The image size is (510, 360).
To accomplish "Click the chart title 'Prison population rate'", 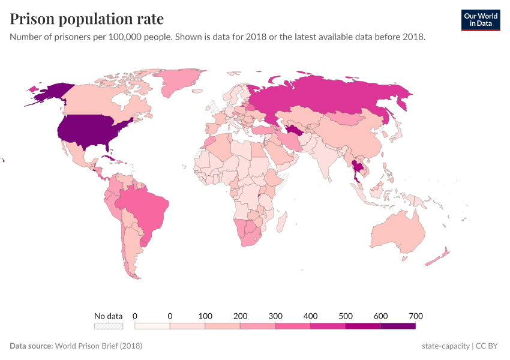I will pyautogui.click(x=86, y=19).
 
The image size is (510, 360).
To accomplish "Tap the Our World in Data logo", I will pyautogui.click(x=480, y=20).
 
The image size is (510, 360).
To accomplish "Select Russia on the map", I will pyautogui.click(x=336, y=96).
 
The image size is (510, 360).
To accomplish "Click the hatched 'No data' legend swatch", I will pyautogui.click(x=108, y=326).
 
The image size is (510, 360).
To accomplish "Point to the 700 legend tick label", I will pyautogui.click(x=416, y=316).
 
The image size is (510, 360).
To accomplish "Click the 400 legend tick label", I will pyautogui.click(x=310, y=316).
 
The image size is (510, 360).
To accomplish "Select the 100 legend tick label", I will pyautogui.click(x=205, y=316).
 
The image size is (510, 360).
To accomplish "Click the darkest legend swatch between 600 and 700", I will pyautogui.click(x=398, y=326).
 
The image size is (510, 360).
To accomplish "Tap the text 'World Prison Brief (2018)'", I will pyautogui.click(x=98, y=346).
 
